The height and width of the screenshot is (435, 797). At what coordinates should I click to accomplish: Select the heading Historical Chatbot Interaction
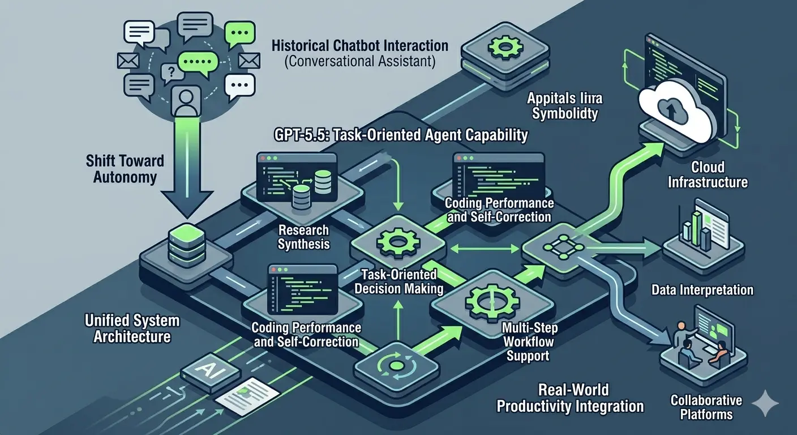point(359,45)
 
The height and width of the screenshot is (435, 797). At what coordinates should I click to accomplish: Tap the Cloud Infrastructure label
point(708,174)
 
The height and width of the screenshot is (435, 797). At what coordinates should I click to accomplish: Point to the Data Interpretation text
point(702,290)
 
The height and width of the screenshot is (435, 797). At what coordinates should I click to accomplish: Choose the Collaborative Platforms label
point(706,407)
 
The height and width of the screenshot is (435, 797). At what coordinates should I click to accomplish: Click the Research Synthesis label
point(303,237)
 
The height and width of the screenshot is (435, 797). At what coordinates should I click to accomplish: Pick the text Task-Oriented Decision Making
point(400,282)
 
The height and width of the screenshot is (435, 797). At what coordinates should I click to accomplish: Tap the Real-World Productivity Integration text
point(570,398)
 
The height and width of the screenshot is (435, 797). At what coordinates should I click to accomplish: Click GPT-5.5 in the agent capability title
point(294,135)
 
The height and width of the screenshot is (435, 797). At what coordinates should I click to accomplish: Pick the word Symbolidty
point(564,113)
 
